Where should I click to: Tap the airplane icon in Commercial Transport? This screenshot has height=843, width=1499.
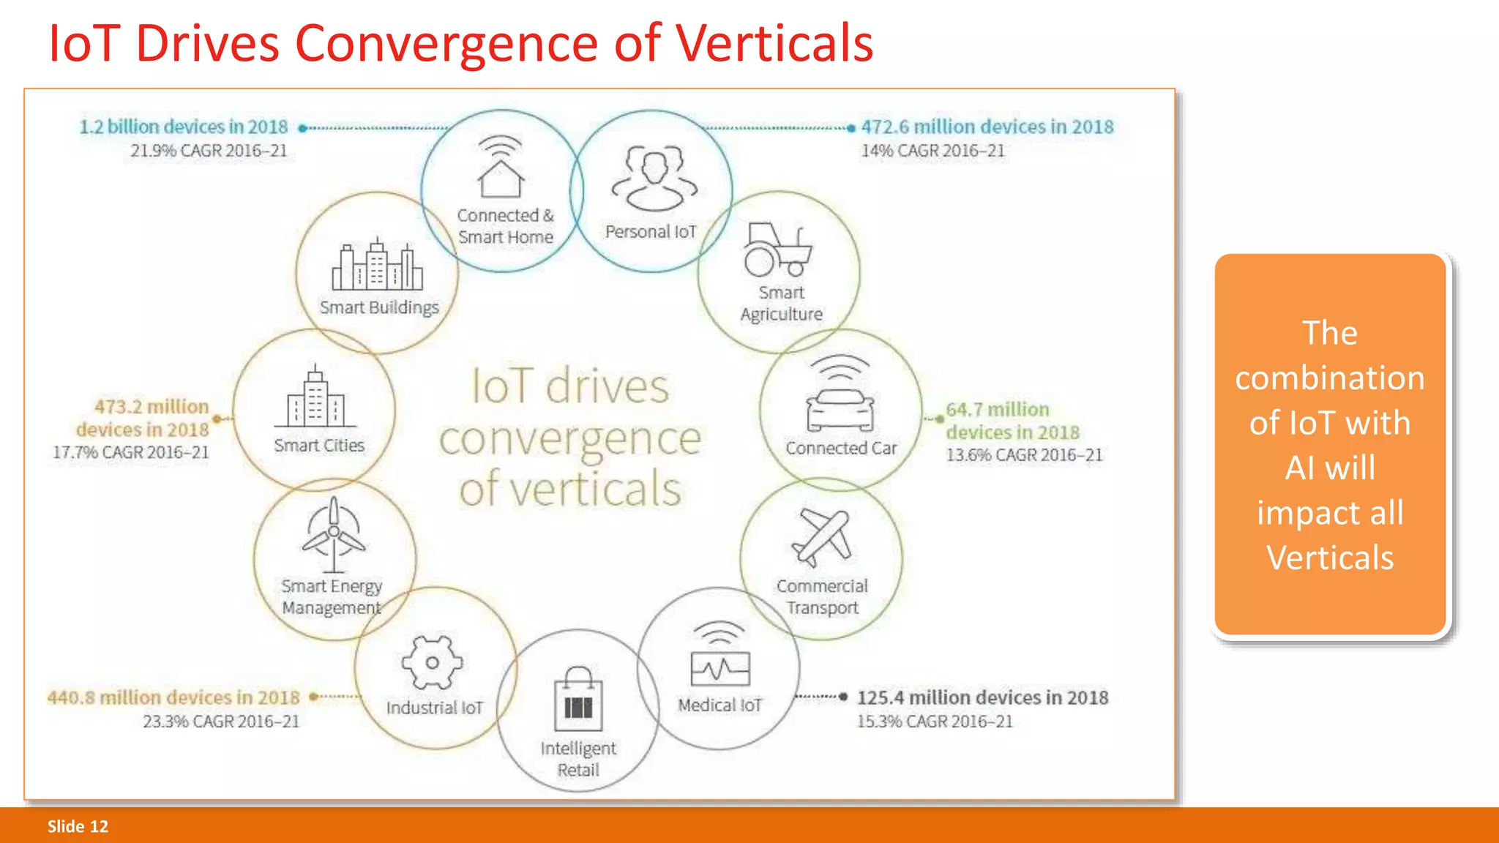822,538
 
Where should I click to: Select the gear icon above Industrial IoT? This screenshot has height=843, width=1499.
432,662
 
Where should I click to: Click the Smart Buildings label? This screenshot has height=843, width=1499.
379,307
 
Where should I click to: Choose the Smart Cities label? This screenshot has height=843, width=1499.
319,446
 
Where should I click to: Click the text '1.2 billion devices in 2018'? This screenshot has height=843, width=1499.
184,127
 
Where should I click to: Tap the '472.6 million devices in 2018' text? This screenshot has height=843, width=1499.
987,127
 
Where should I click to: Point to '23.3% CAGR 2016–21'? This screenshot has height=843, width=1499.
221,722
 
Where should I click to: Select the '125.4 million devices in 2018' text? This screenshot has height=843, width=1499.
982,697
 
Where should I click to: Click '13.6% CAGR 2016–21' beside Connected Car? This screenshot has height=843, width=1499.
1024,455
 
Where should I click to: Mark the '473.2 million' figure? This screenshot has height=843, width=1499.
152,407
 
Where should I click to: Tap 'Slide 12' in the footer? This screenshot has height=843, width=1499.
78,826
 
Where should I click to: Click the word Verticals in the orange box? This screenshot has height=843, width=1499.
1330,558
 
